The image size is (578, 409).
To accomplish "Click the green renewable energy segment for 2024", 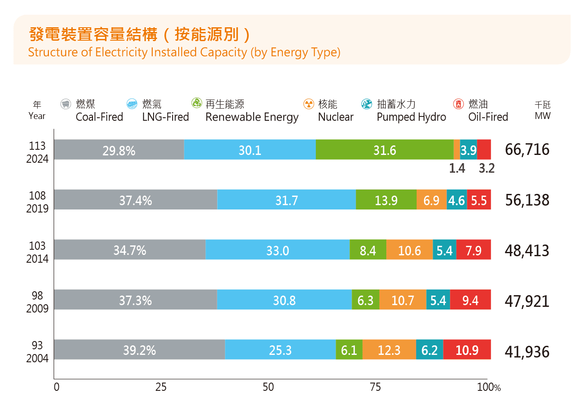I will pos(384,150).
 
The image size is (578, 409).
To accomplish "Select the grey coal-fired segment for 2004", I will pos(139,350).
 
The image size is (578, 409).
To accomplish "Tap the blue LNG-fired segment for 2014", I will pos(277,250).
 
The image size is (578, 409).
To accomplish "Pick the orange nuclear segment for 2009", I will pos(403,300).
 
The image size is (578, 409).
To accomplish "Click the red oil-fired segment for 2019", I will pos(479,200).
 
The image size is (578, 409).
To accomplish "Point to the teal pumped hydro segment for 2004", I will pos(430,350).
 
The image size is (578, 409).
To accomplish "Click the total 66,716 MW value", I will pos(527,150).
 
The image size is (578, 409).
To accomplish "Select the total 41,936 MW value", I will pos(527,352).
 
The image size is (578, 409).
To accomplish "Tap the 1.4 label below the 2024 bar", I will pos(457,168).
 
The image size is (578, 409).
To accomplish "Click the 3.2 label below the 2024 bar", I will pos(487,168).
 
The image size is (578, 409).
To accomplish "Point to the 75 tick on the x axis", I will pos(376,387).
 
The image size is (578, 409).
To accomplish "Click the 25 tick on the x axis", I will pos(161,387).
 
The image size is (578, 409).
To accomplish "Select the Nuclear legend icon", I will pos(308,104).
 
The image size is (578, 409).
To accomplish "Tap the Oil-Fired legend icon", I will pos(459,104).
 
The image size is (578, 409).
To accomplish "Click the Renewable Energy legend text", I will pos(252,117).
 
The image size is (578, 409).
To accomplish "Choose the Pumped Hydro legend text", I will pos(411,117).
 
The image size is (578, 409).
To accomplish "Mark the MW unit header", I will pos(543,116).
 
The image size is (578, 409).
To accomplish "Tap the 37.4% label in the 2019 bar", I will pos(135,200).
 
